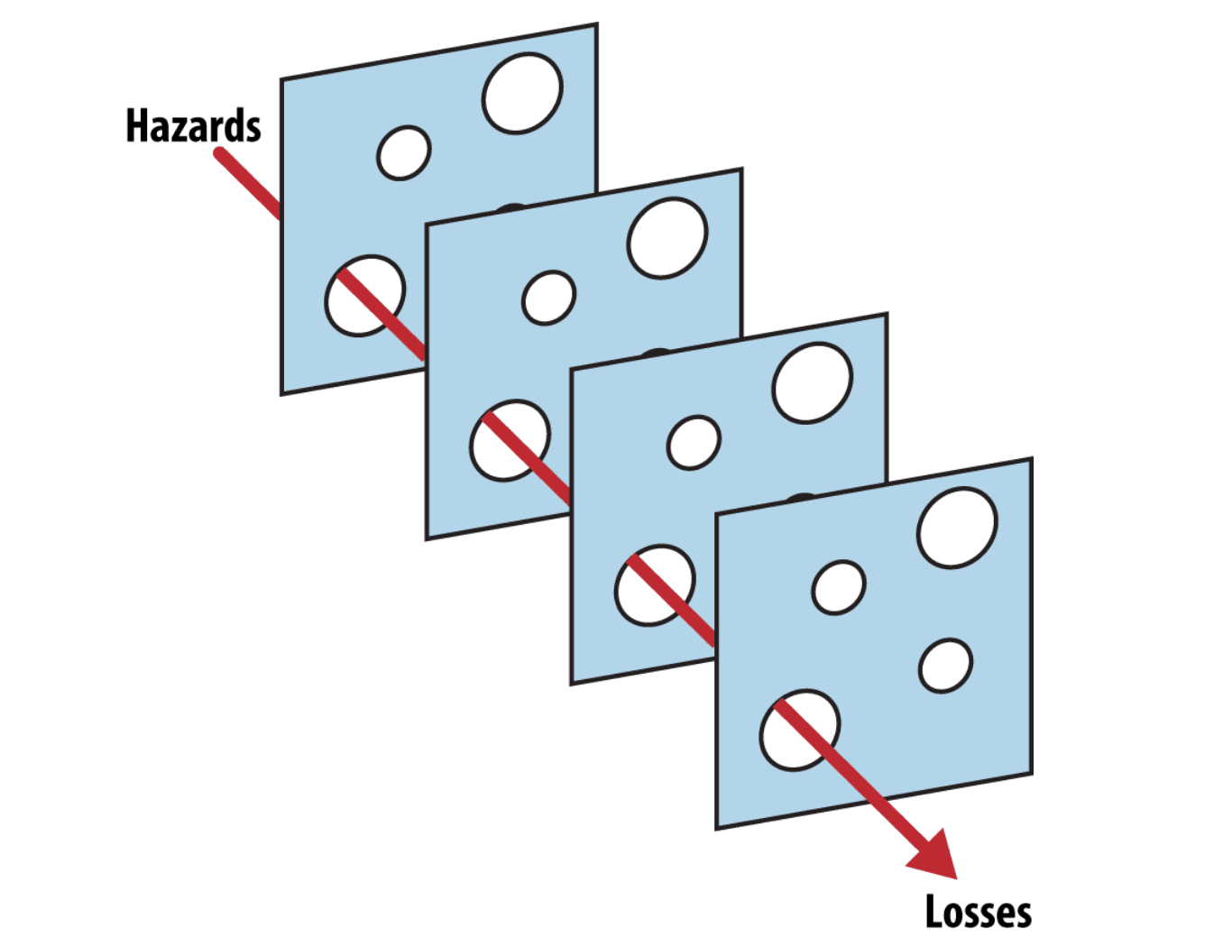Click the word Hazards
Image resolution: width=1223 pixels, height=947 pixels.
click(194, 125)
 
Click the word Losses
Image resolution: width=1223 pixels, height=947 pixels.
click(979, 911)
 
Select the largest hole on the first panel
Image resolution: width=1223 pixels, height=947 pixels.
click(522, 94)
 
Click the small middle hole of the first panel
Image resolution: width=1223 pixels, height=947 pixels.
click(404, 152)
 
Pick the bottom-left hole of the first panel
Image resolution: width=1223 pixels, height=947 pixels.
click(364, 296)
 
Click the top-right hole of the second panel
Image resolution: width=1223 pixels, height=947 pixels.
click(667, 238)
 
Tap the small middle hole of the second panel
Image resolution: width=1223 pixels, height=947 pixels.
click(548, 298)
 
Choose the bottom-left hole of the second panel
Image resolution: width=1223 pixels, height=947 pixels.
click(510, 441)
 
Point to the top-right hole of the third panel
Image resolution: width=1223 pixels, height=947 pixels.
click(813, 382)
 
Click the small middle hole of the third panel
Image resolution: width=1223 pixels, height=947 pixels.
click(694, 442)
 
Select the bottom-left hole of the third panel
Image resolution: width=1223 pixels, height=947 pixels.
click(655, 585)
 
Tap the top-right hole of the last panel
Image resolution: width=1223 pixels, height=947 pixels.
click(957, 528)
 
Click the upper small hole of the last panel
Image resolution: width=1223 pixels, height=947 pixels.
click(839, 587)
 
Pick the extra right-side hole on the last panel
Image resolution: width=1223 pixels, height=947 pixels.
click(945, 666)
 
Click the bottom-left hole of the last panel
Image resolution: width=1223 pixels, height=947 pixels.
click(800, 730)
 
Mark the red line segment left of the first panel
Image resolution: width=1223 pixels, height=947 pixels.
click(248, 183)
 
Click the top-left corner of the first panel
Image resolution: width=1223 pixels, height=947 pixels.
click(281, 79)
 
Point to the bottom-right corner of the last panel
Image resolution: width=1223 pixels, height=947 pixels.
click(1032, 774)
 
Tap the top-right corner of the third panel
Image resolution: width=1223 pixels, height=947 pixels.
click(887, 314)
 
